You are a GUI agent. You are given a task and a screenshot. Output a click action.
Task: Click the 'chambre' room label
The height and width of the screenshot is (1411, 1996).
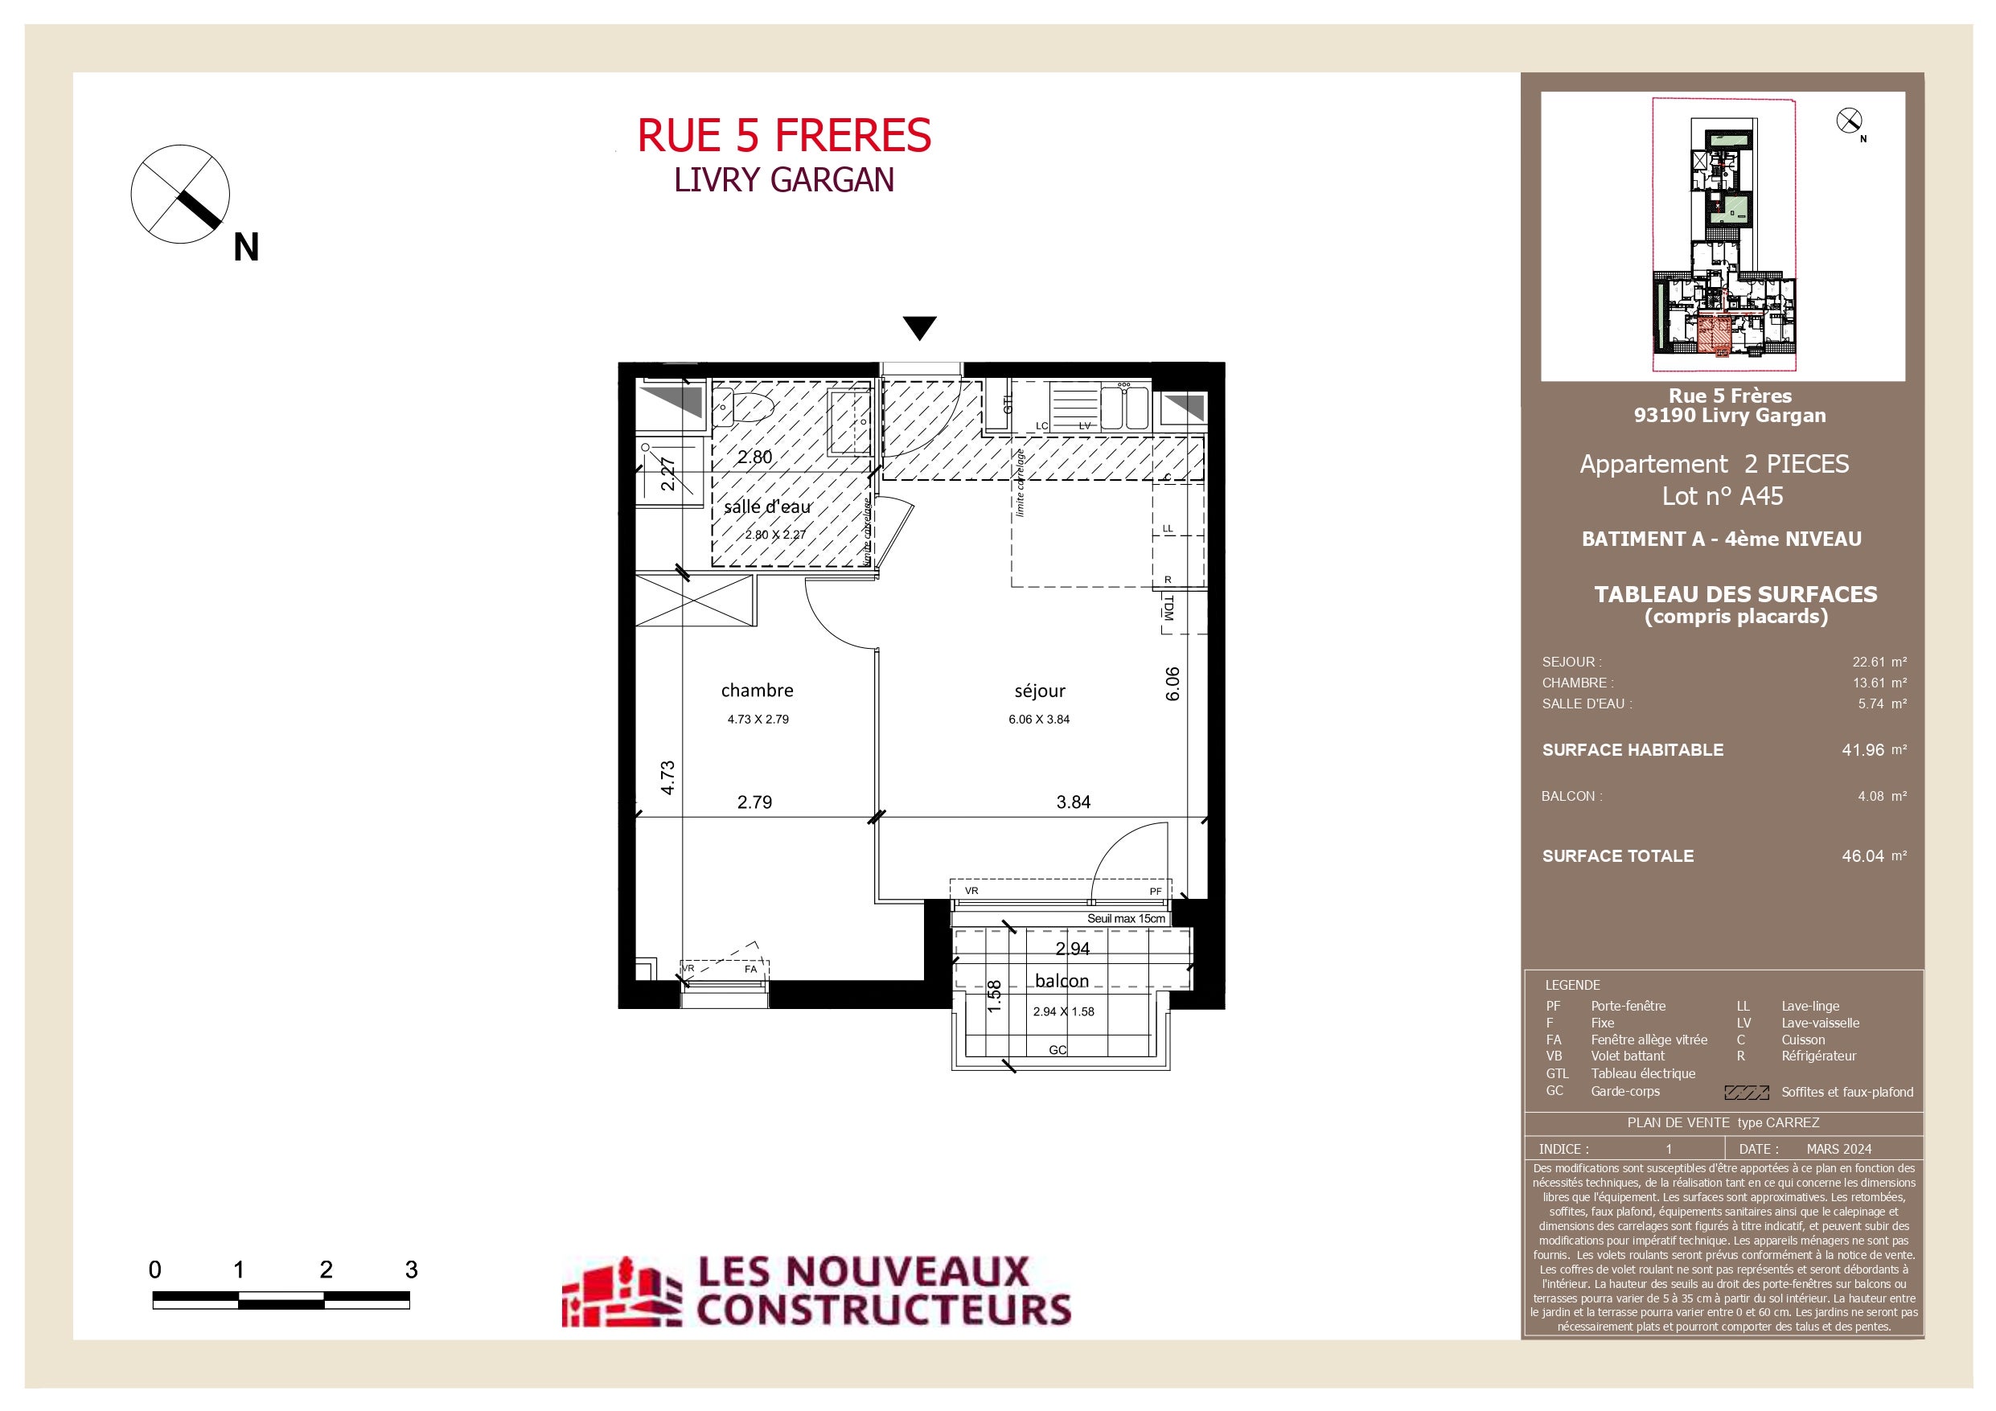click(x=758, y=691)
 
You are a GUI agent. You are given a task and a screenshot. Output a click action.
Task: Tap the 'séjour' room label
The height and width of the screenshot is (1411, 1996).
click(x=1040, y=691)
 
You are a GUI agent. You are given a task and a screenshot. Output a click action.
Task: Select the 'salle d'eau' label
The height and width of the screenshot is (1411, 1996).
click(x=768, y=506)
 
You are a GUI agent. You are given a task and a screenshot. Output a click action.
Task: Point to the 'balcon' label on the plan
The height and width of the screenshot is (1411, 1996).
click(x=1062, y=981)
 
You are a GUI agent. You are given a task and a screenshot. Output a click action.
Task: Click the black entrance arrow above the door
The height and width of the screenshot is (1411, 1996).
click(x=920, y=328)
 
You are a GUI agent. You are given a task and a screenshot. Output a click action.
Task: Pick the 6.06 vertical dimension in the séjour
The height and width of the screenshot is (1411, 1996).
click(x=1173, y=683)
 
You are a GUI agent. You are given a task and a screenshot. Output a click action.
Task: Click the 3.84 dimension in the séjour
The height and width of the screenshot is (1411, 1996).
click(x=1074, y=802)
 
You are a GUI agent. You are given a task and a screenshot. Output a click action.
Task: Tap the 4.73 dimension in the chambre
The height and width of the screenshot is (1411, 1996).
click(x=667, y=777)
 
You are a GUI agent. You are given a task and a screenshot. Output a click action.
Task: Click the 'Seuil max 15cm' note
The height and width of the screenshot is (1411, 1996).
click(x=1126, y=918)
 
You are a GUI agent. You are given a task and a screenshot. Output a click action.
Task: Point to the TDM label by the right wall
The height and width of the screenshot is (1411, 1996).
click(x=1168, y=607)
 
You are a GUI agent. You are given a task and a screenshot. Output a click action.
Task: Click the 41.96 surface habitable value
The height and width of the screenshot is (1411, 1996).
click(x=1863, y=749)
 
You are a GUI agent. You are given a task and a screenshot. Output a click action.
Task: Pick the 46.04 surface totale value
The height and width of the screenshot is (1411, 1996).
click(x=1863, y=855)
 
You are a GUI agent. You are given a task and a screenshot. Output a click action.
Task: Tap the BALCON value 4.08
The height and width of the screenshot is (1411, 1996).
click(x=1871, y=795)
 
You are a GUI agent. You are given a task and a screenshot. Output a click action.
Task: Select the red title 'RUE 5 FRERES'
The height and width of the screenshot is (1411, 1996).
click(x=784, y=136)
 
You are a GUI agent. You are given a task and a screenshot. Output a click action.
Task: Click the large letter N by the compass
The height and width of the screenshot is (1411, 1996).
click(x=246, y=248)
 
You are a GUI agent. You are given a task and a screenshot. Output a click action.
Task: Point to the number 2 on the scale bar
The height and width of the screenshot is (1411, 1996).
click(x=326, y=1269)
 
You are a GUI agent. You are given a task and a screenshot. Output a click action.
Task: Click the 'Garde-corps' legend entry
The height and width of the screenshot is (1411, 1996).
click(x=1624, y=1091)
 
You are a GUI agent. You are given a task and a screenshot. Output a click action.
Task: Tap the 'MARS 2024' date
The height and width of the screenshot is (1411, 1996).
click(x=1838, y=1148)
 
